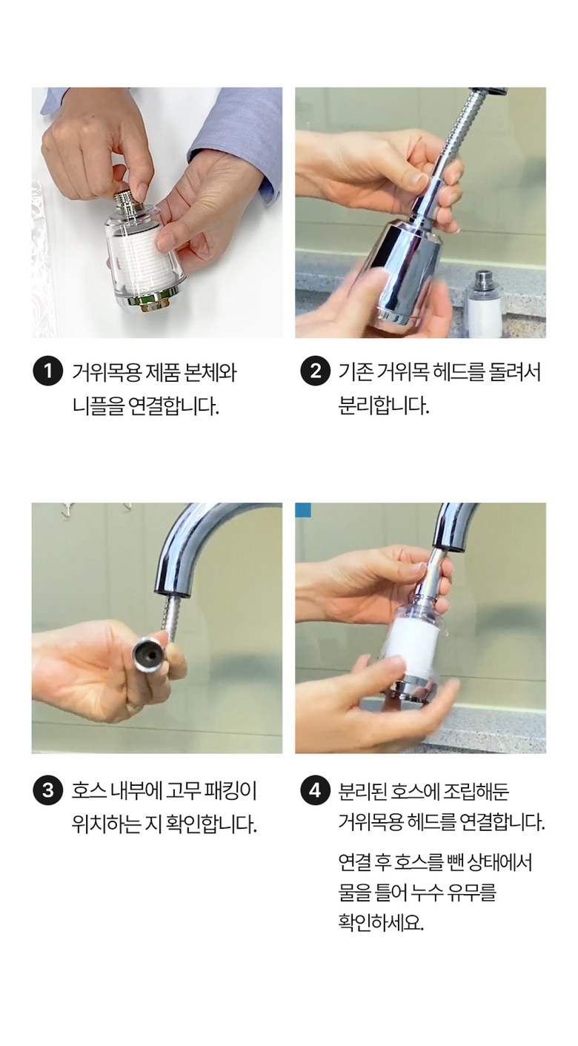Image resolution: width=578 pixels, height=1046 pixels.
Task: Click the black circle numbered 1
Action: (47, 371)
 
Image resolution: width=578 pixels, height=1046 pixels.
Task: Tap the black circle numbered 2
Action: (315, 371)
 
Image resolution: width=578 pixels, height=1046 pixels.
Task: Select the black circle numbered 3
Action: (47, 790)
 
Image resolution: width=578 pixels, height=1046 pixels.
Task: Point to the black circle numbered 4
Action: (315, 790)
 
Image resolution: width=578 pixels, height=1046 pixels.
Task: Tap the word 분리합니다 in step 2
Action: (383, 406)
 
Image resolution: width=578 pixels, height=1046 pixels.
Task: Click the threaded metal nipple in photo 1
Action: (130, 199)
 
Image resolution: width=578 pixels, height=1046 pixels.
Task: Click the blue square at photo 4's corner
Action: (302, 510)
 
